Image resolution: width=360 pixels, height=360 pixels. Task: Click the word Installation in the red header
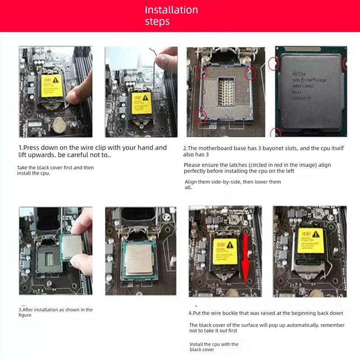(171, 10)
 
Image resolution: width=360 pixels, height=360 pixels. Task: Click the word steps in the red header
(157, 22)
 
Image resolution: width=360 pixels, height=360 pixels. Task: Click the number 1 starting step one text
(20, 148)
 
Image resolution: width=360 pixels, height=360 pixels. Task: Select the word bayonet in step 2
(267, 148)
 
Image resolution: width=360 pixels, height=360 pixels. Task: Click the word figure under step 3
(25, 315)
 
